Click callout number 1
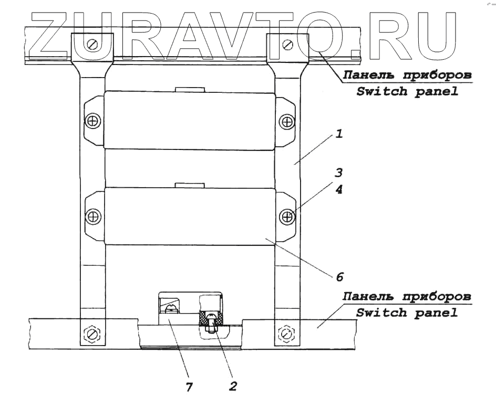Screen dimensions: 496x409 (x=339, y=135)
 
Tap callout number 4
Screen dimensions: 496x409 (x=339, y=190)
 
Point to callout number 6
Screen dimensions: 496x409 (x=339, y=274)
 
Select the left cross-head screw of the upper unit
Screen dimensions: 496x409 (x=93, y=122)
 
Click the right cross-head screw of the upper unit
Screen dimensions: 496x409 (x=287, y=122)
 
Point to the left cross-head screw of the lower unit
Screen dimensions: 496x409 (x=93, y=216)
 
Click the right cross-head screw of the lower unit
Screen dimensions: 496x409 (x=287, y=216)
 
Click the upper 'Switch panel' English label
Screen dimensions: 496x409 (x=406, y=92)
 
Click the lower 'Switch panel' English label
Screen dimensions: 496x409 (x=406, y=313)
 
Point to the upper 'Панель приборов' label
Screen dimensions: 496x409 (x=406, y=74)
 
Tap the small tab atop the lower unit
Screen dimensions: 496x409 (x=189, y=185)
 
